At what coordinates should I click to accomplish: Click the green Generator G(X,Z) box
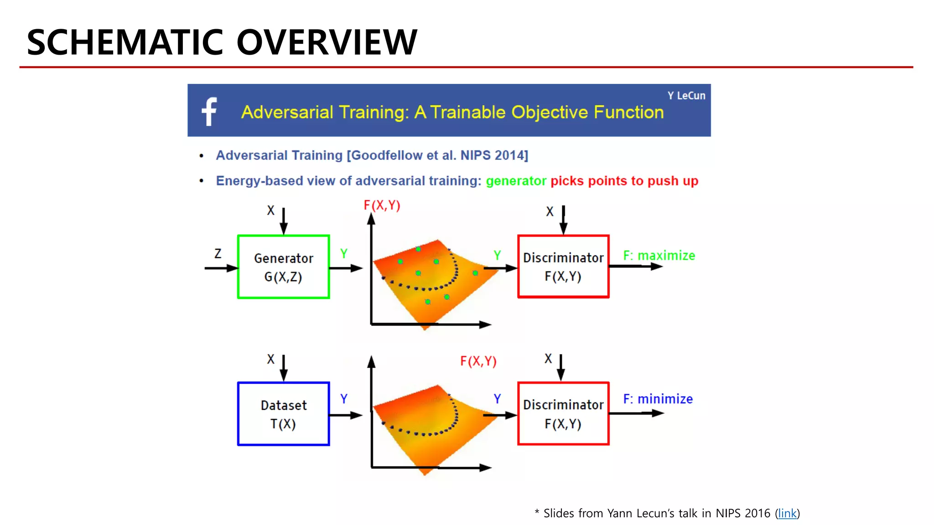(x=283, y=267)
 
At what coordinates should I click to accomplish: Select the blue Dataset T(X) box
(x=283, y=414)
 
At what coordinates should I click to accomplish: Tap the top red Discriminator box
(x=563, y=267)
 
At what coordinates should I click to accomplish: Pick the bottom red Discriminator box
(x=563, y=414)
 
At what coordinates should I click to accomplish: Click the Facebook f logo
(x=209, y=111)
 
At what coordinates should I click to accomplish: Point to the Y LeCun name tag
(x=686, y=96)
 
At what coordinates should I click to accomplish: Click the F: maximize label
(x=659, y=256)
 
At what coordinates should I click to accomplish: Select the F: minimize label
(x=658, y=399)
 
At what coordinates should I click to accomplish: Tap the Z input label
(x=218, y=253)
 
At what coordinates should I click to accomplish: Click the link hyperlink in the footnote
(x=787, y=514)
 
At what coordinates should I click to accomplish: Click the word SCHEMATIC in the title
(x=125, y=42)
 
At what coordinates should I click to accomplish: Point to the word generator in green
(x=516, y=181)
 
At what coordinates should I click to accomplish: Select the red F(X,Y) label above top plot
(x=382, y=206)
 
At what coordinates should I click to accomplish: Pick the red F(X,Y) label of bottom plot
(x=478, y=361)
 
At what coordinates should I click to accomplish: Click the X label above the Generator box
(x=271, y=211)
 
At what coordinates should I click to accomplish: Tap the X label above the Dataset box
(x=271, y=359)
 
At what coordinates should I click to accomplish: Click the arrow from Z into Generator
(x=221, y=268)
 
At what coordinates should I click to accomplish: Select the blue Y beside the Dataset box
(x=344, y=399)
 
